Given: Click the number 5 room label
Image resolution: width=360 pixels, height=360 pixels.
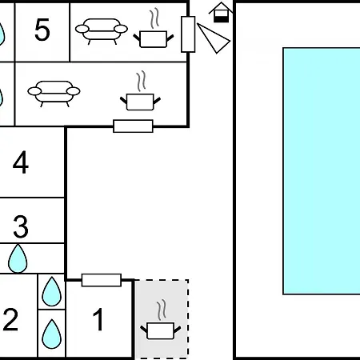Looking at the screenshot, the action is coord(42,30).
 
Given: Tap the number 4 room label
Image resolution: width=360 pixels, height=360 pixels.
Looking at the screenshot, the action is coord(21,162).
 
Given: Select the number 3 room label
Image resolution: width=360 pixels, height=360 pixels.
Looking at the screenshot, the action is coord(21,226).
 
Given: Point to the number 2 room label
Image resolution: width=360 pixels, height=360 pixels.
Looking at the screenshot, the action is coord(10,319).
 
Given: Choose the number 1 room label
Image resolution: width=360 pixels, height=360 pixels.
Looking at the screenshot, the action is coord(98,319).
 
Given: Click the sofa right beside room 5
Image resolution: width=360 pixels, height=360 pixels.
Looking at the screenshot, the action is coord(102,30).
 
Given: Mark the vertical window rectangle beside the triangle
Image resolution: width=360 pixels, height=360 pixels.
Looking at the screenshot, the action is coord(188,34).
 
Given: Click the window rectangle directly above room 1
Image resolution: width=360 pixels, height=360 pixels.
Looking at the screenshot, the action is coord(102,280).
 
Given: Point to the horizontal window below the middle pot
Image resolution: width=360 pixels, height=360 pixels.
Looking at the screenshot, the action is coord(133,126).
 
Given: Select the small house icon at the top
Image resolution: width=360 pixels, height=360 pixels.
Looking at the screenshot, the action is coord(221,13).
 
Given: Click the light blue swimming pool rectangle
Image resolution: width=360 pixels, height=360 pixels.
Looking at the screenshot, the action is coord(322,171).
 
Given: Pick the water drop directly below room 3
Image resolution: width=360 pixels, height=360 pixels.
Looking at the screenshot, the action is coord(18,258).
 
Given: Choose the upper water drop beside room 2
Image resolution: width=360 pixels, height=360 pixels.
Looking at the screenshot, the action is coord(52,292).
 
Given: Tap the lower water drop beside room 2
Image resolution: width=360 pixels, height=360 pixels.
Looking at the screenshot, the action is coord(52,334).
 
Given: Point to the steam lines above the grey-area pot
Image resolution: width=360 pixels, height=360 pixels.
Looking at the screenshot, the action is coord(162,310).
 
